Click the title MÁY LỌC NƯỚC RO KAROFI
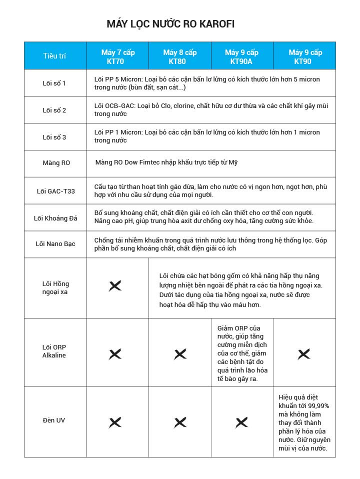[x=170, y=24]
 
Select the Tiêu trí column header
[x=54, y=56]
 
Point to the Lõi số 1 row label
[x=54, y=83]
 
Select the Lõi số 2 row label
[x=54, y=110]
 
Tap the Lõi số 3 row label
[x=54, y=136]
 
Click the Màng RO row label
[x=56, y=163]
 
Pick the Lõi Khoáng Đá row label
[x=55, y=217]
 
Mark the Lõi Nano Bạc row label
[x=55, y=244]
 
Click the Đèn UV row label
[x=53, y=420]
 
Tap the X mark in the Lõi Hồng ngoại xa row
[x=115, y=286]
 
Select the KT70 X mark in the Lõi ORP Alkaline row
[x=115, y=354]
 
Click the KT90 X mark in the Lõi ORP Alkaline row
[x=304, y=354]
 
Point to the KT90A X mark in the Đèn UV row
[x=241, y=422]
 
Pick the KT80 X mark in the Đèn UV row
[x=180, y=422]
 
